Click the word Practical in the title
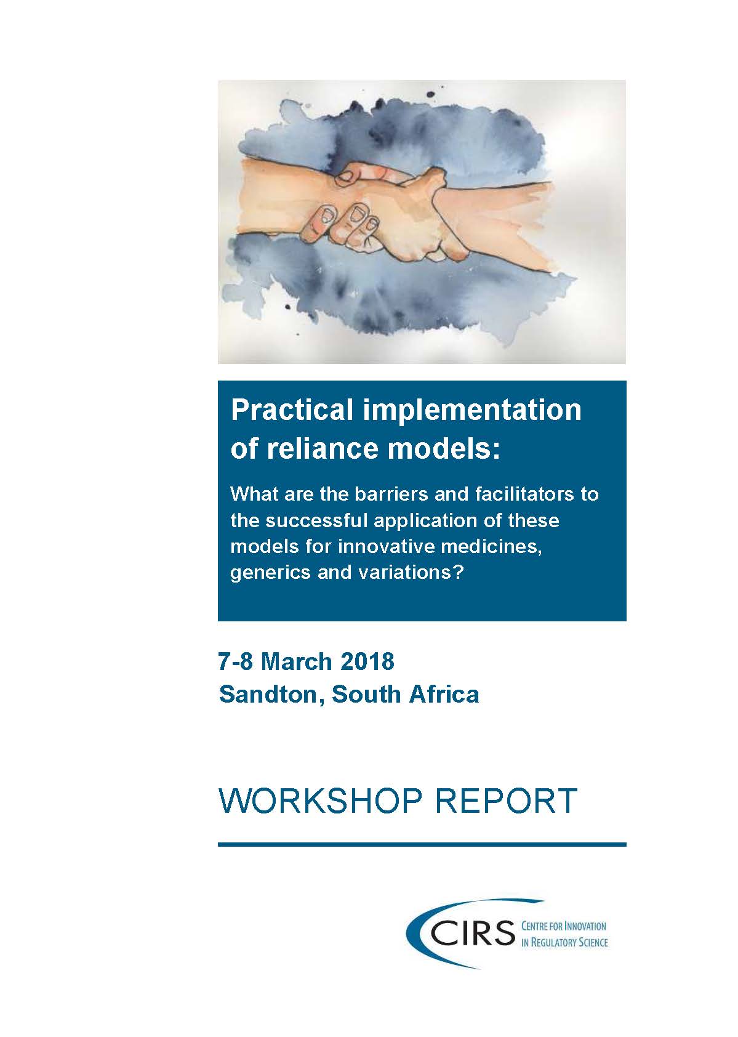[292, 411]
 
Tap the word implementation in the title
[472, 411]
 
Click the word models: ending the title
[444, 449]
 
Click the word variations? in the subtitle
[418, 573]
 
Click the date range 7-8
[236, 661]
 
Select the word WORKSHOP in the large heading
[319, 801]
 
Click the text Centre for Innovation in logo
[564, 913]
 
